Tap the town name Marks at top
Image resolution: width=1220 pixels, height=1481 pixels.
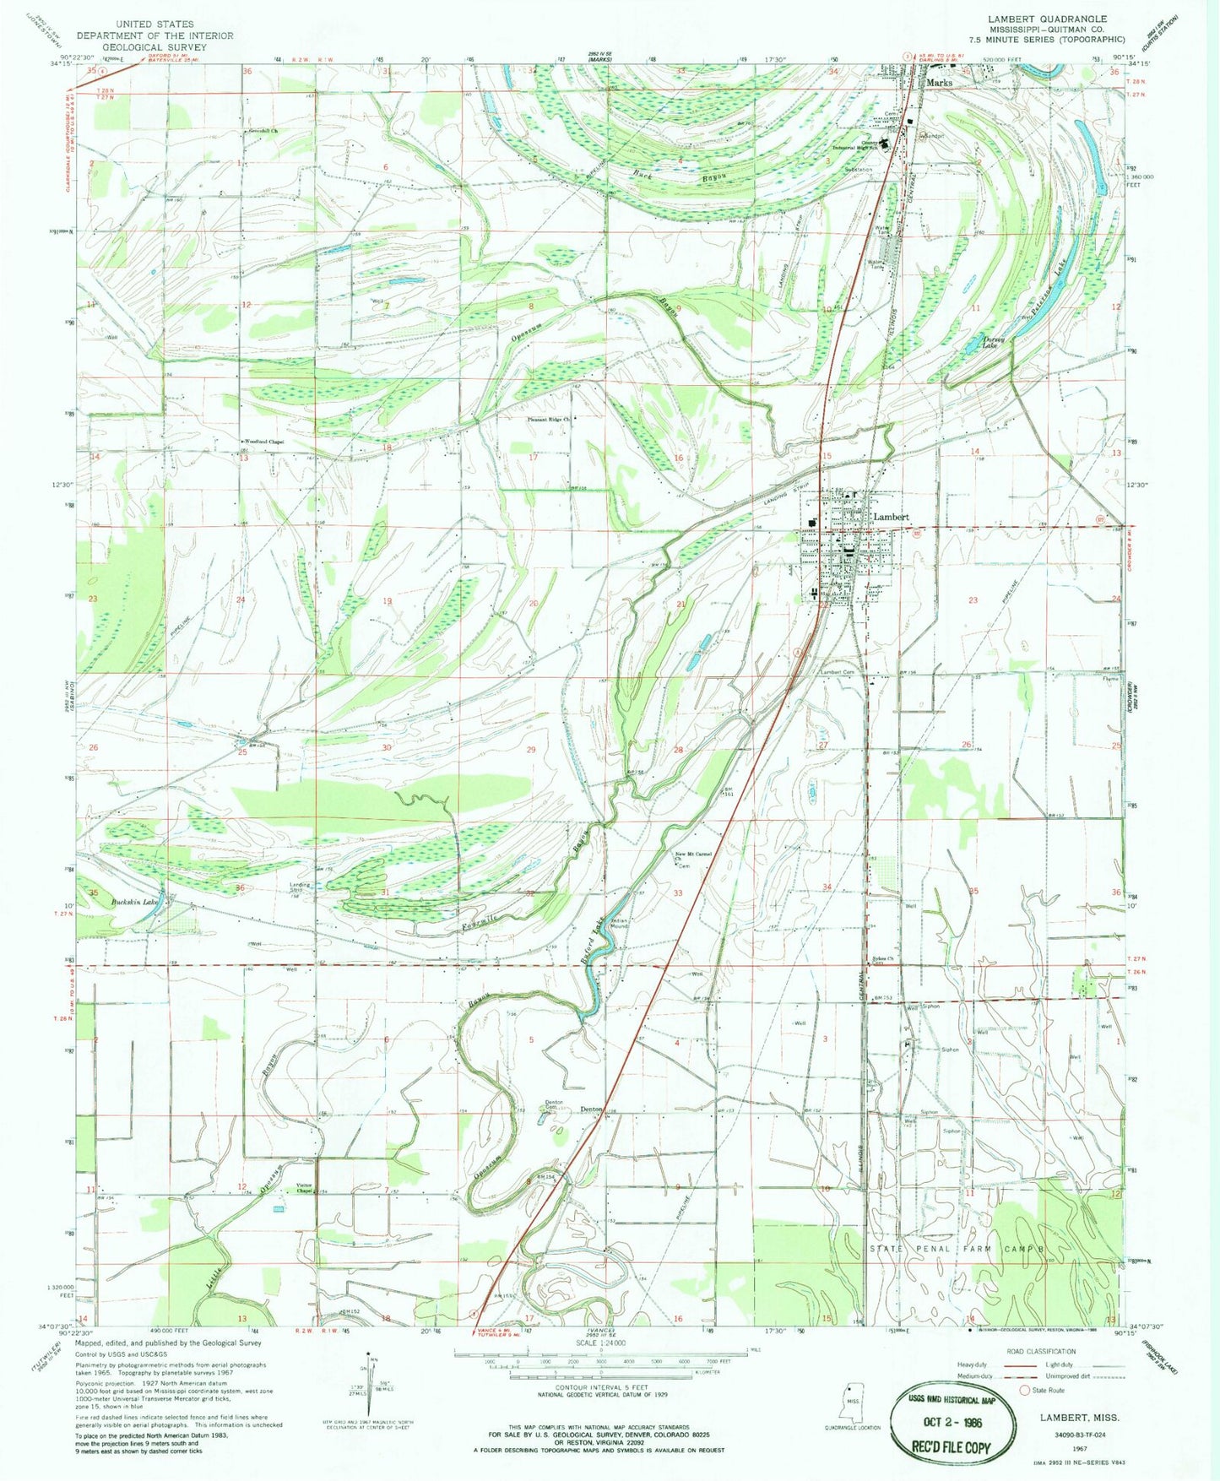coord(939,83)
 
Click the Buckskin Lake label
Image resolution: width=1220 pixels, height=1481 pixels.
coord(135,903)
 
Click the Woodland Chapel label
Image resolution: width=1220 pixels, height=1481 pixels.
coord(263,442)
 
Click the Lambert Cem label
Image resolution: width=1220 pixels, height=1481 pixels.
coord(838,672)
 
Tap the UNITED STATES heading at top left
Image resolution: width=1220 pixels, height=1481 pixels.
coord(155,24)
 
